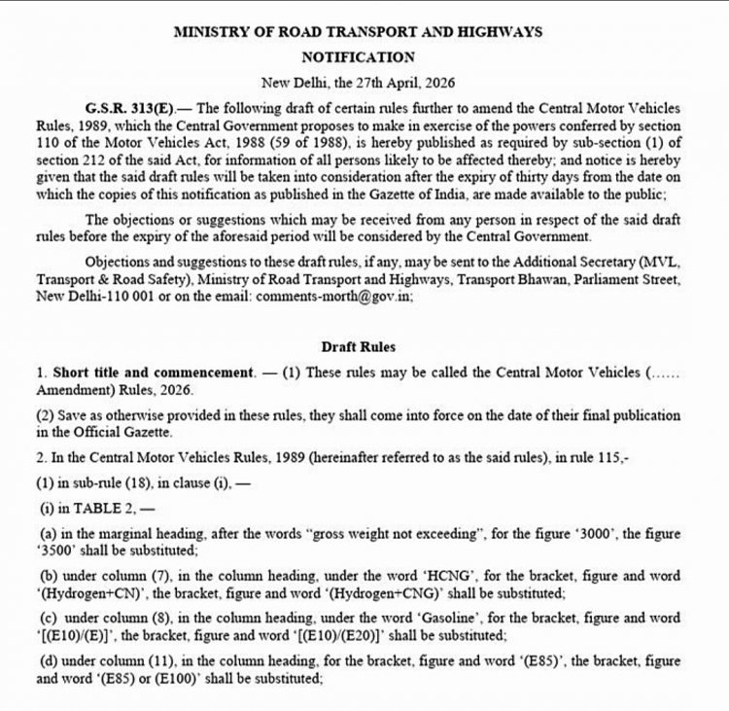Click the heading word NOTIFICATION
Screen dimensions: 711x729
point(358,57)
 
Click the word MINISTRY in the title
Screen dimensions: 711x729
point(209,32)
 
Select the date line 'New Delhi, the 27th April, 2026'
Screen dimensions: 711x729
point(358,84)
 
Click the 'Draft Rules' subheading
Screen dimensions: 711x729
point(358,347)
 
